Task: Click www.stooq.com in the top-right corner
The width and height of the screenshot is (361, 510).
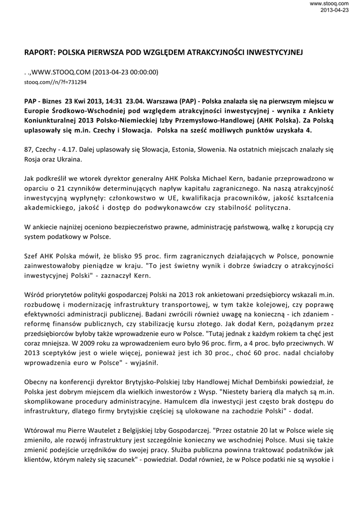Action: click(336, 4)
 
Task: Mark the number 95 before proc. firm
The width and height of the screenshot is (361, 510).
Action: click(135, 255)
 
